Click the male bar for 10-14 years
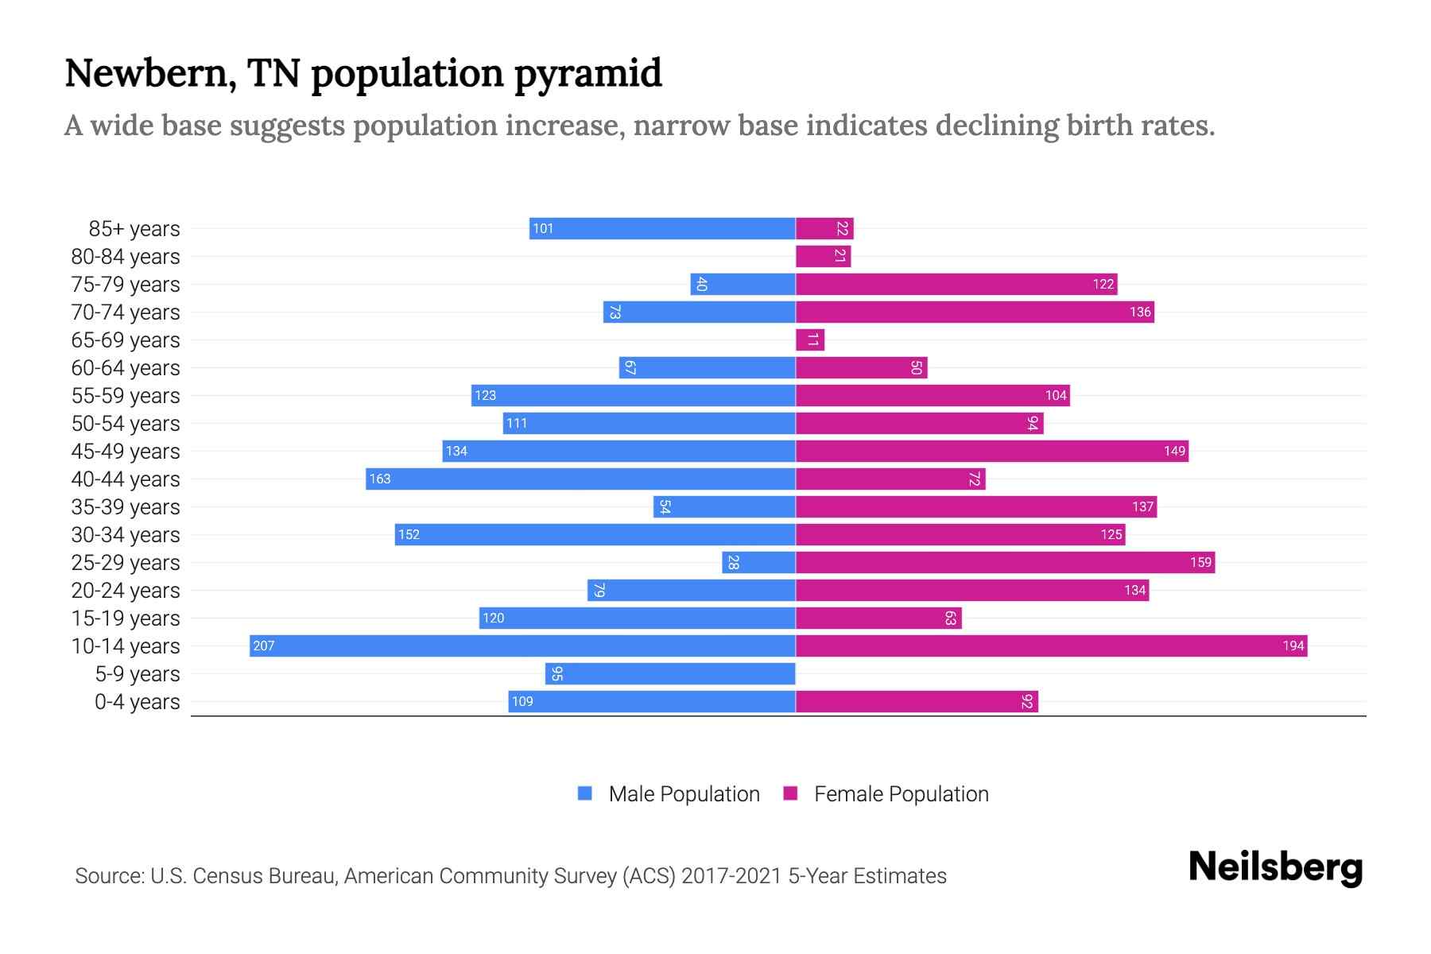coord(522,646)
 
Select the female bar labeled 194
coord(1051,646)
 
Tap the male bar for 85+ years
coord(662,228)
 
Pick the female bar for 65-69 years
coord(810,339)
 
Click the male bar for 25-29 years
coord(758,562)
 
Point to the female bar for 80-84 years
coord(823,256)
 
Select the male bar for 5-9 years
coord(670,673)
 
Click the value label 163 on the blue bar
coord(380,479)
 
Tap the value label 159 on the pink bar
coord(1200,562)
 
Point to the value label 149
coord(1174,451)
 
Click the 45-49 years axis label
coord(126,451)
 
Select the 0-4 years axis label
coord(137,701)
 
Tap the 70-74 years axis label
coord(126,312)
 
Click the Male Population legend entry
coord(683,793)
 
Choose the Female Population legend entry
coord(901,793)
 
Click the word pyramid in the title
coord(588,73)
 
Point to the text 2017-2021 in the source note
coord(731,875)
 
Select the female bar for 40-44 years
coord(890,479)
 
